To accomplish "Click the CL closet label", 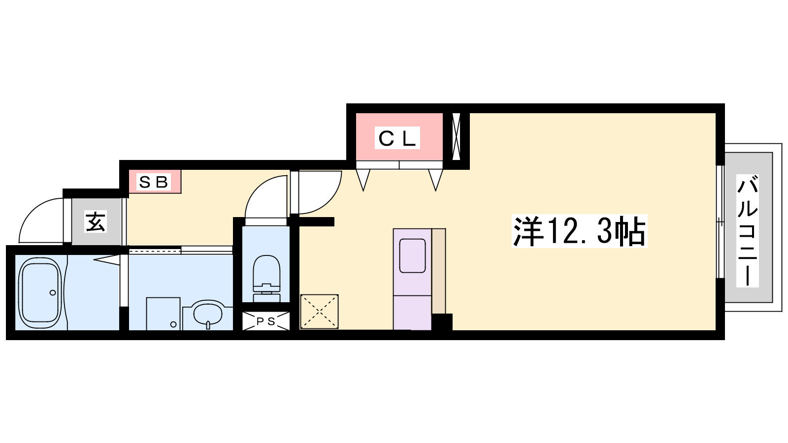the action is click(x=397, y=138).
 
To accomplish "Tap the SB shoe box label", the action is click(x=153, y=182).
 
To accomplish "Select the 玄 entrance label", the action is click(x=96, y=221).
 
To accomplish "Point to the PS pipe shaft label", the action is click(x=265, y=321).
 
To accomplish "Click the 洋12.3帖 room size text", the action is click(x=579, y=231).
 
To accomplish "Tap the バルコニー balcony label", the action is click(x=748, y=231).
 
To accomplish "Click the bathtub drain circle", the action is click(x=53, y=292).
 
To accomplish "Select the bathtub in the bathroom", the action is click(x=40, y=292).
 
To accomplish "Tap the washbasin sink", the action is click(x=208, y=314).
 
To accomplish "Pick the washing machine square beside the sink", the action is click(x=163, y=314).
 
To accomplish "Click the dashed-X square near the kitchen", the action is click(x=319, y=312).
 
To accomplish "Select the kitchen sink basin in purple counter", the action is click(x=412, y=255).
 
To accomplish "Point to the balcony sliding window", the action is click(x=721, y=221).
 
